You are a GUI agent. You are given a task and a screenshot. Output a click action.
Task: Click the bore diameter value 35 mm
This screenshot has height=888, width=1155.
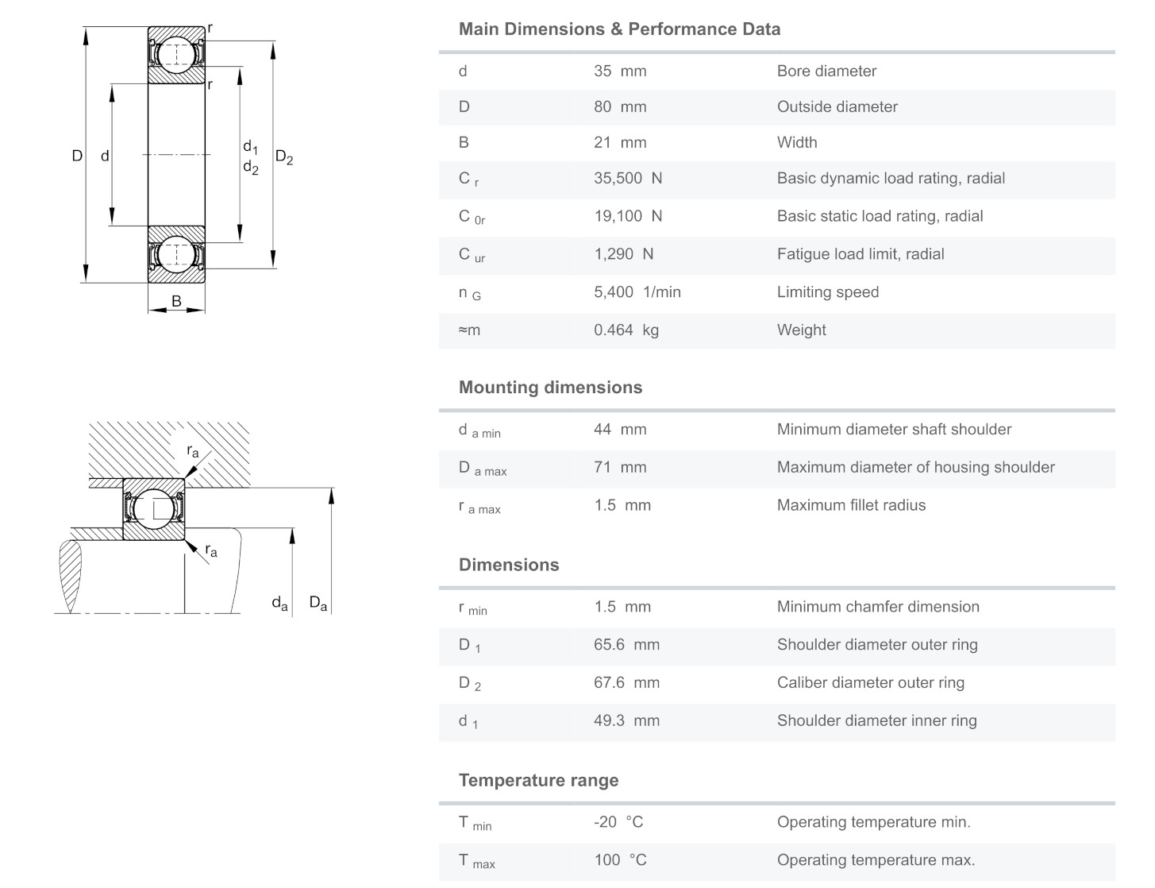click(x=620, y=71)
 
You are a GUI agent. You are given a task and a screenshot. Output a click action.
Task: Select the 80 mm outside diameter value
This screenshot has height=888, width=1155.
click(x=620, y=106)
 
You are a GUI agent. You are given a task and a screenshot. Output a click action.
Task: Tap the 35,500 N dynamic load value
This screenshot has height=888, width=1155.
click(x=627, y=178)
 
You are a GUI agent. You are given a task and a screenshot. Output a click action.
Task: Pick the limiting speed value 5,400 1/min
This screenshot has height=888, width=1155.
click(x=637, y=291)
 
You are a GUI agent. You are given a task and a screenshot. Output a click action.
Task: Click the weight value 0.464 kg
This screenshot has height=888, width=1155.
click(x=626, y=330)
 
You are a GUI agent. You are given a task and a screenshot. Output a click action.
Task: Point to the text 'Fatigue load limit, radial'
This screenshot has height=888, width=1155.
click(x=860, y=254)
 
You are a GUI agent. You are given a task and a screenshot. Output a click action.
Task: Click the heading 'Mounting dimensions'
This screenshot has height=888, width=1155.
click(x=550, y=388)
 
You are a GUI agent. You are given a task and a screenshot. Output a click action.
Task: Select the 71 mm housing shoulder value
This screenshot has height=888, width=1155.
click(x=620, y=467)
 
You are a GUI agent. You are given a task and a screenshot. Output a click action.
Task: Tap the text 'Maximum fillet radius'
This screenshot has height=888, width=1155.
click(x=851, y=505)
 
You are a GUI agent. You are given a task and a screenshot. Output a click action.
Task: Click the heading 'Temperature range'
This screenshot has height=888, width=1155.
click(x=538, y=780)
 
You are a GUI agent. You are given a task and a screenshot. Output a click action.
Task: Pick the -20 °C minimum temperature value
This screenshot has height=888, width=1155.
click(x=618, y=822)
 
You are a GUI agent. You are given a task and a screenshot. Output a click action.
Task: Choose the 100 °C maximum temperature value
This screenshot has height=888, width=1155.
click(x=620, y=859)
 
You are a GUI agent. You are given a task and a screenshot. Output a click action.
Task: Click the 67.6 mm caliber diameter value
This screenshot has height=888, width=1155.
click(x=626, y=682)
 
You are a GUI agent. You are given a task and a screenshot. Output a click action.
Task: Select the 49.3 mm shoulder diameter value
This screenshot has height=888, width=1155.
click(x=626, y=720)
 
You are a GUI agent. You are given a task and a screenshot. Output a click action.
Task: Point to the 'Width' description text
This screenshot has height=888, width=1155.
click(x=796, y=142)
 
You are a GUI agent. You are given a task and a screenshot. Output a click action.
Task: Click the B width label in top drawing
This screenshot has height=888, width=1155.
click(x=176, y=301)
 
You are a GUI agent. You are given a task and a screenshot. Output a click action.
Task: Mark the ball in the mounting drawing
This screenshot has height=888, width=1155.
click(x=153, y=509)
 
